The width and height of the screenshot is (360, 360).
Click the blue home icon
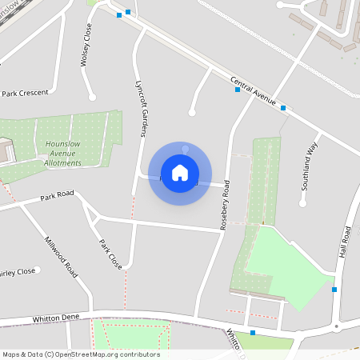[180, 173]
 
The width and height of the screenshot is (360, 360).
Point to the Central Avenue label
[253, 91]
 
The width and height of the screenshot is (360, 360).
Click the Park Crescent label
[26, 94]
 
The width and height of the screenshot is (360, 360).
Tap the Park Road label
[57, 194]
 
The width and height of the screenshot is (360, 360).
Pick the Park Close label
[110, 253]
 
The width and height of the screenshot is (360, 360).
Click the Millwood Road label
[62, 257]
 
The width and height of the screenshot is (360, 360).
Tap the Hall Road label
[346, 242]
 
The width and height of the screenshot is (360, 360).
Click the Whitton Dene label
[56, 318]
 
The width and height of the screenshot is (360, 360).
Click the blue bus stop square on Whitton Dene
[253, 333]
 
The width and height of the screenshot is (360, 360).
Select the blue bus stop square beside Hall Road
[334, 290]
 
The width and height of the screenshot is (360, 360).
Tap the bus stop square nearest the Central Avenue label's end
[282, 106]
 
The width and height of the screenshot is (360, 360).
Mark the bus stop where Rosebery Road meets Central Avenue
[237, 90]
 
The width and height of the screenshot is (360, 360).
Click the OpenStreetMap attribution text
[81, 354]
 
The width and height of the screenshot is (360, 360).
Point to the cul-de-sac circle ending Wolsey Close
[92, 97]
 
